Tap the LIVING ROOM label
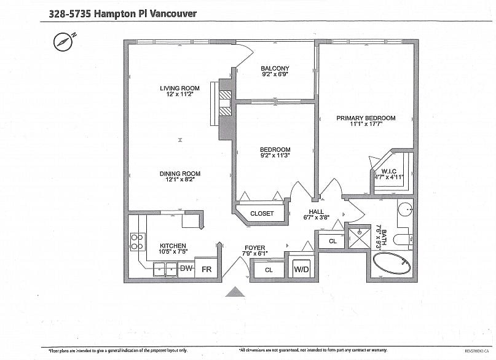[180, 88]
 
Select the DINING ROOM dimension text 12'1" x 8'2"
[180, 181]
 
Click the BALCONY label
[275, 68]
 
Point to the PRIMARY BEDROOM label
[366, 118]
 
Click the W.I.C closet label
[388, 171]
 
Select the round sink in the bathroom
[405, 210]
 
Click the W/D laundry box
[301, 269]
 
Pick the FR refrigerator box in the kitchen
[207, 269]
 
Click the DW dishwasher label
[186, 268]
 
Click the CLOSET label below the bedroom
[262, 213]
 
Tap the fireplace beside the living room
[224, 104]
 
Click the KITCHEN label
[173, 245]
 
